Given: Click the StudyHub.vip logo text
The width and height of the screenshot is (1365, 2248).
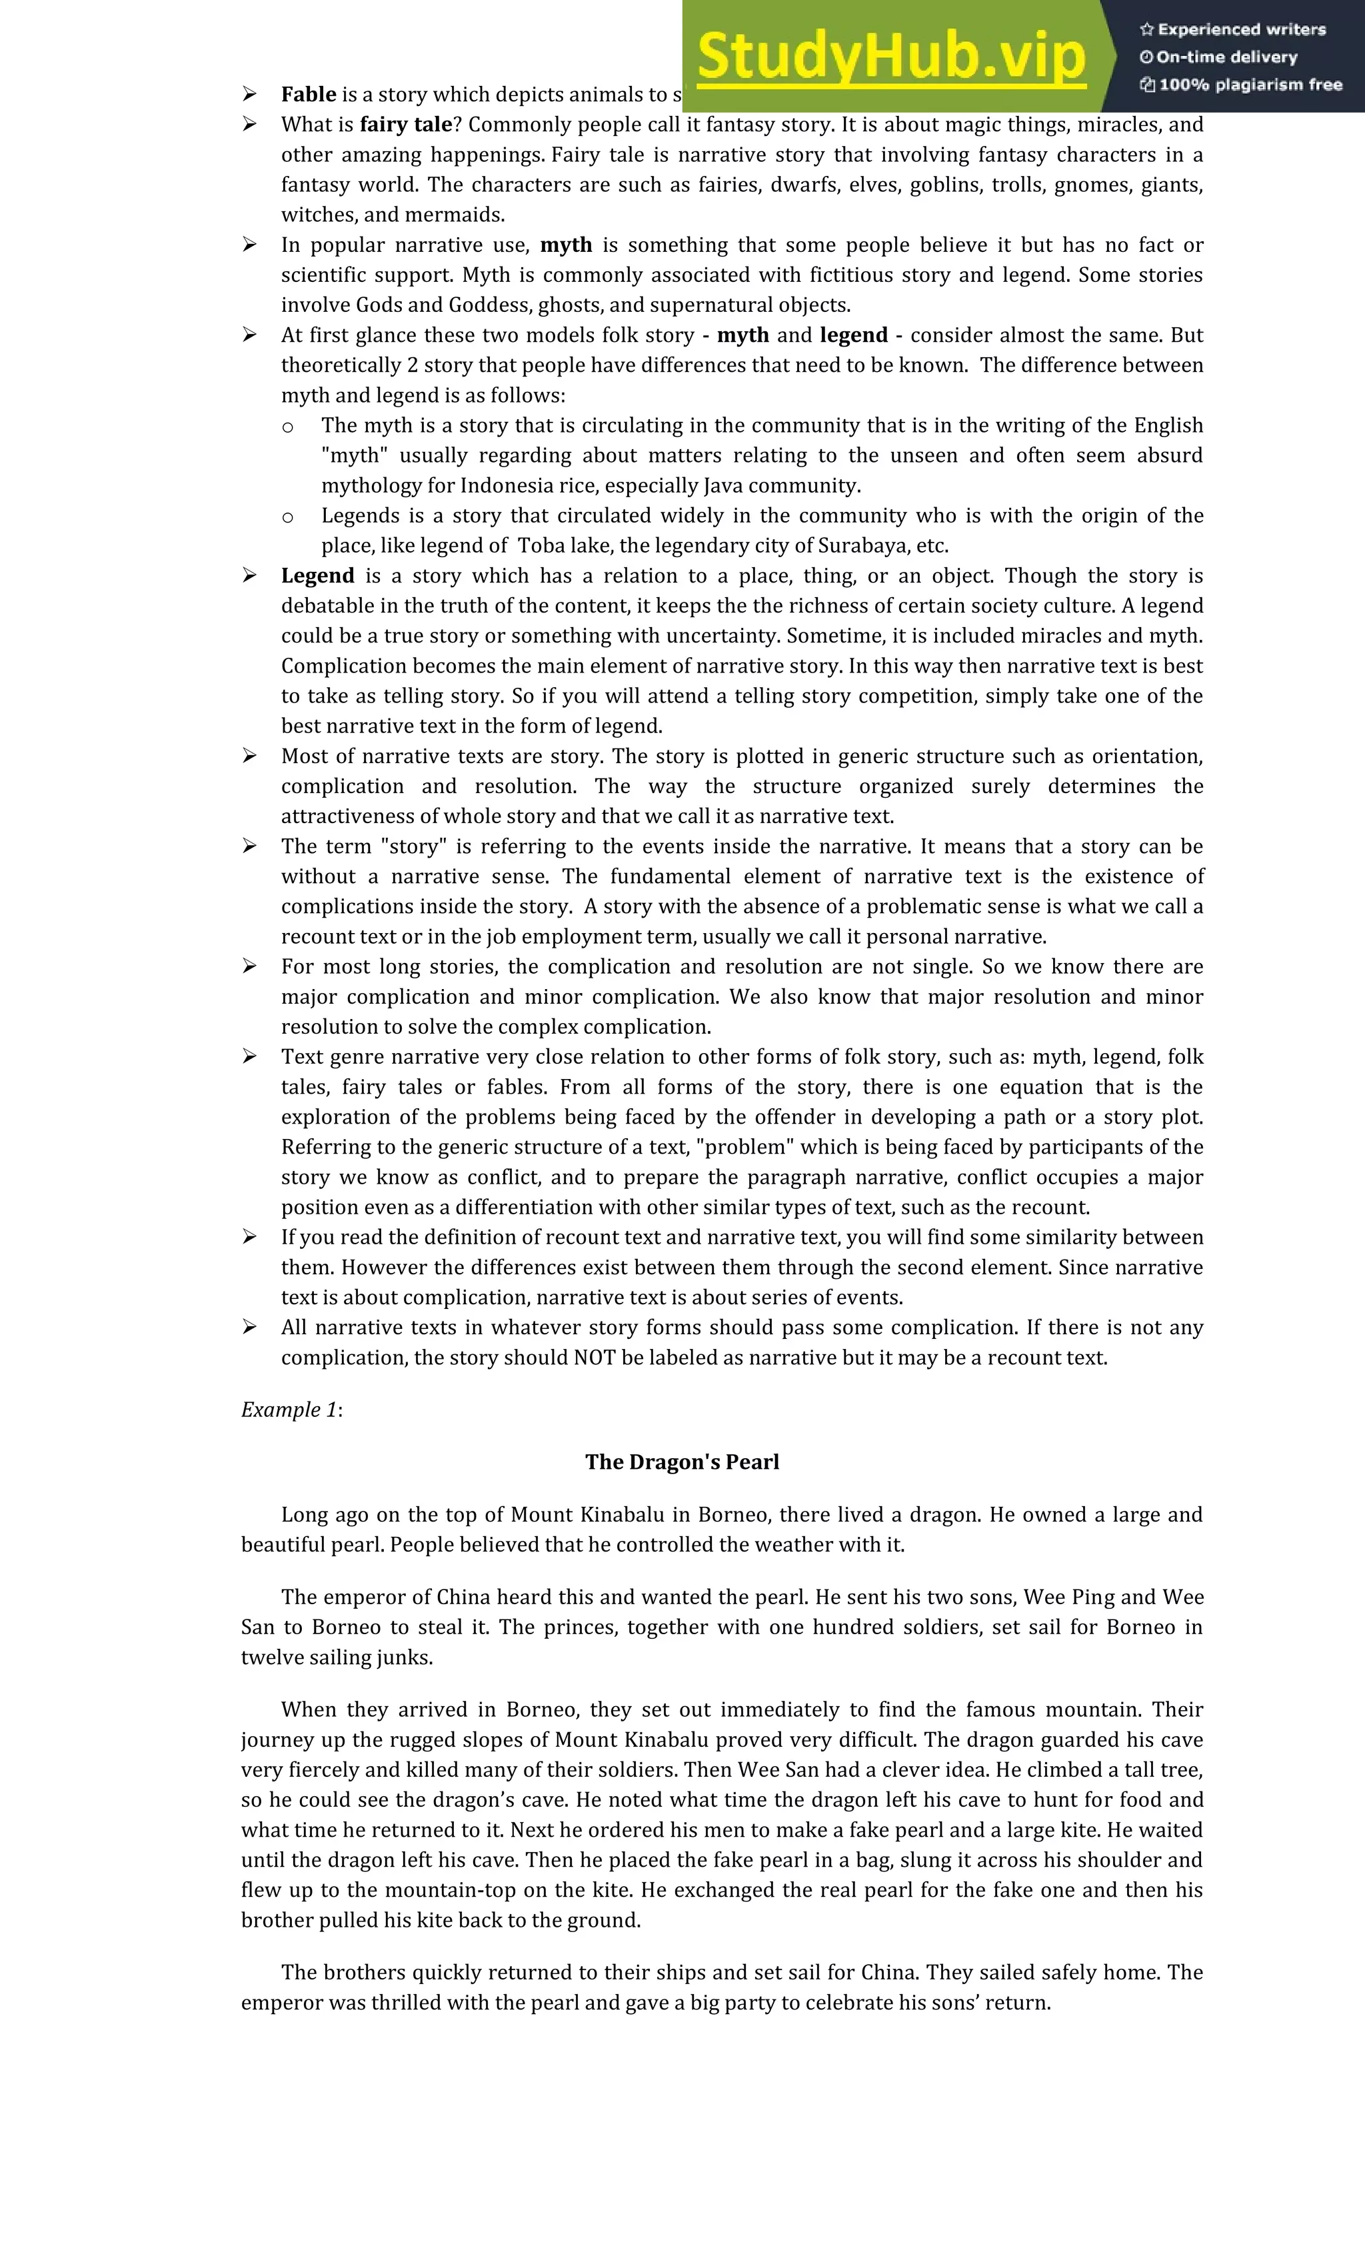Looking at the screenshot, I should pos(890,57).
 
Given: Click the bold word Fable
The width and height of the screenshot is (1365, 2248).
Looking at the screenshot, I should pos(309,95).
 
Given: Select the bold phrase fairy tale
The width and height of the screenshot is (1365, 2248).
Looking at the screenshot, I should pos(406,125).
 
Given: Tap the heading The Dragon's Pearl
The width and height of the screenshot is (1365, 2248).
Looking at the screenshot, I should pos(682,1462).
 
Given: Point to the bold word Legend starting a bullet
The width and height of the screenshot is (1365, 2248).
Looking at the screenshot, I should pos(317,576).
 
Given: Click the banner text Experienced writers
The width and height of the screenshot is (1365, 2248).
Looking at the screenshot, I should pos(1241,29).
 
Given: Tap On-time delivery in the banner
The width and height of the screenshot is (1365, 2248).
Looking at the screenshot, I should pos(1226,57).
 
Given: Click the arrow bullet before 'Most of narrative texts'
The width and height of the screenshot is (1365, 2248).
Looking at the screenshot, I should pos(249,756).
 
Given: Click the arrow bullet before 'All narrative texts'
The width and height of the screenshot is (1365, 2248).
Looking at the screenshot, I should pos(249,1328).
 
